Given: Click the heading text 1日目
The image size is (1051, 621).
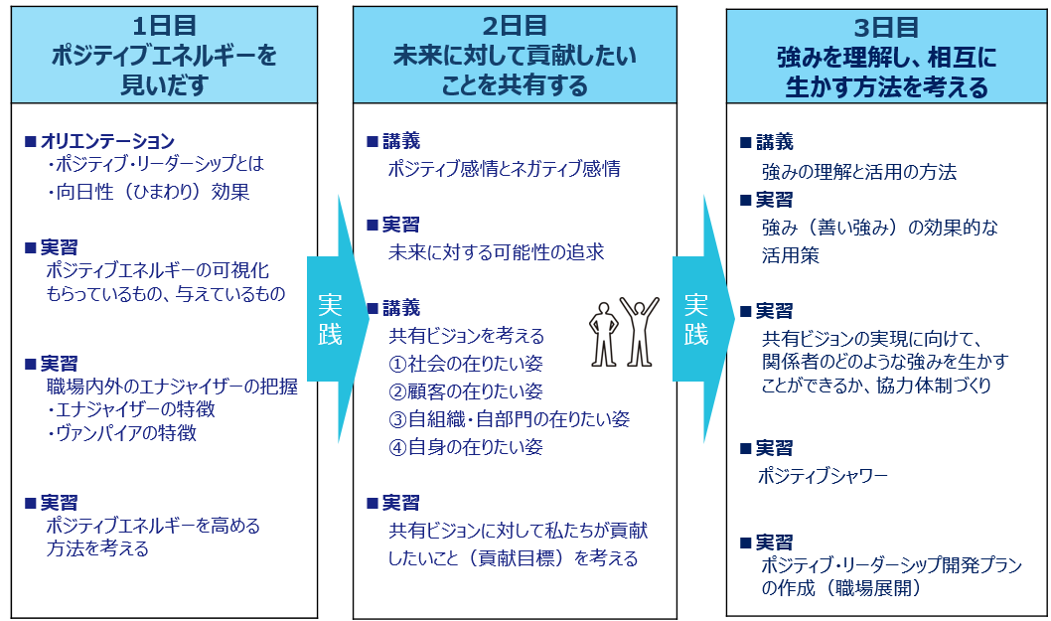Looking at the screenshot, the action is [x=164, y=26].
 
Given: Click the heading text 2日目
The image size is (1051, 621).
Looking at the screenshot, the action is [x=515, y=26].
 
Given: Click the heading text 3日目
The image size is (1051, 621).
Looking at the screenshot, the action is [x=886, y=28].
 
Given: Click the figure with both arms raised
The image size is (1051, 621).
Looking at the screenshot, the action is [x=639, y=331].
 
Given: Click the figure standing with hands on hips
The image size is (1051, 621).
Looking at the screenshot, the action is [x=604, y=334].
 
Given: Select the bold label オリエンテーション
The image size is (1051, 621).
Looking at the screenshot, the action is [x=107, y=141].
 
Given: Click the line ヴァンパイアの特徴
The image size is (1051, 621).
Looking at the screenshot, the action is [x=121, y=432].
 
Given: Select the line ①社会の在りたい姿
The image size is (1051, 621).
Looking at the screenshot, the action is [x=465, y=364].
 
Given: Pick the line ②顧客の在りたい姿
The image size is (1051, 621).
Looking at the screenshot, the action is [x=465, y=390].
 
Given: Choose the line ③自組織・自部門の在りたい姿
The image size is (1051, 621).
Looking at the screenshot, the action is [x=509, y=419].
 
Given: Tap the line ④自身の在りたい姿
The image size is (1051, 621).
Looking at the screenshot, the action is [x=465, y=447].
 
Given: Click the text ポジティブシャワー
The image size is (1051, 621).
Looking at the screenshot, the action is [x=823, y=476].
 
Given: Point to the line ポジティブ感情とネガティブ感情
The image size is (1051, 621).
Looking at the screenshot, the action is [x=504, y=168].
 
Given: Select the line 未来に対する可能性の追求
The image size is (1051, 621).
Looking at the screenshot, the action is [x=496, y=252].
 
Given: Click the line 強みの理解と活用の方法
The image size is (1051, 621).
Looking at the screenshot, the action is [x=858, y=172].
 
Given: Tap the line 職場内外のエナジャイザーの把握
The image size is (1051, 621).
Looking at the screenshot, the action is [x=172, y=387].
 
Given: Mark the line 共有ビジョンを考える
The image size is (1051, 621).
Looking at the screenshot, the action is [x=467, y=335].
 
